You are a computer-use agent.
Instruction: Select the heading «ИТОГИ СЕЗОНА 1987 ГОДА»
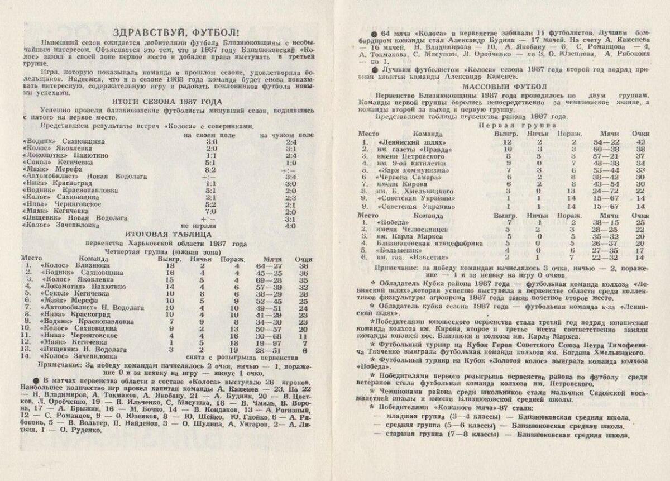click(x=167, y=102)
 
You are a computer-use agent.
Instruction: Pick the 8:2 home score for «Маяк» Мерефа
click(x=210, y=169)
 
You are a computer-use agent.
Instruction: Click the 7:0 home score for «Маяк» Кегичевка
click(x=210, y=212)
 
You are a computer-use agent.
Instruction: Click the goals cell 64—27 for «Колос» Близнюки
click(x=265, y=266)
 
